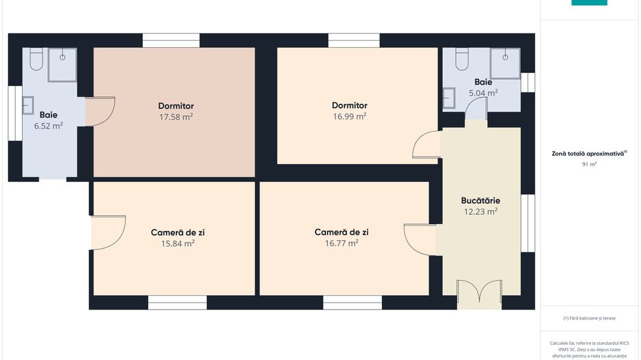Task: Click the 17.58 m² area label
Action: pos(176,117)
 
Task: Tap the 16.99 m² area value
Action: pos(349,116)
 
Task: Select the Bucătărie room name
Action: pos(480,201)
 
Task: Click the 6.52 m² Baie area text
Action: pos(48,126)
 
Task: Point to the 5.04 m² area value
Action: pos(482,92)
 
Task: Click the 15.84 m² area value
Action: pos(178,243)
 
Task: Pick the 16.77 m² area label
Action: pos(342,243)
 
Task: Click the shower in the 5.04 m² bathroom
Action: pos(508,60)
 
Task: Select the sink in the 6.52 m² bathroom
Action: pos(28,105)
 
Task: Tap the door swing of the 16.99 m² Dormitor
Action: pos(426,145)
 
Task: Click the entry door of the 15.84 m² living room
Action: pos(107,232)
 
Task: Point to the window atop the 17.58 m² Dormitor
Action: pos(171,40)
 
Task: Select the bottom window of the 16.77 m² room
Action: pos(353,302)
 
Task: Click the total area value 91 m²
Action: pos(589,165)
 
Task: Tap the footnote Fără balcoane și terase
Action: pos(589,318)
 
